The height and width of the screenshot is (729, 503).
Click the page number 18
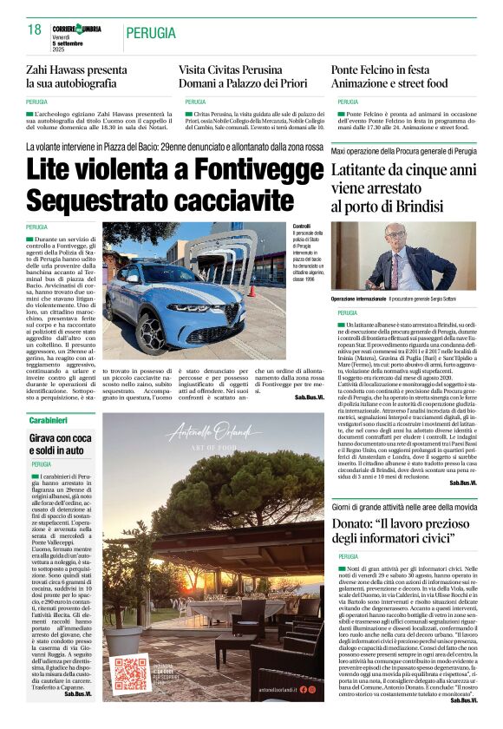(x=35, y=30)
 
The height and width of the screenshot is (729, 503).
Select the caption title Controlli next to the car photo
(x=303, y=227)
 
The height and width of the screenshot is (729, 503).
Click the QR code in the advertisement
(x=133, y=673)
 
